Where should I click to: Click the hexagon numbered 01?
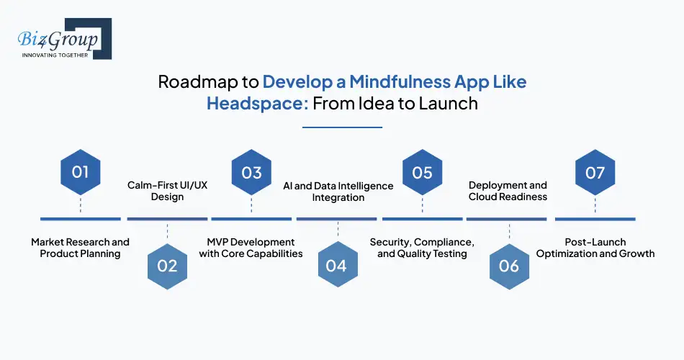pyautogui.click(x=81, y=172)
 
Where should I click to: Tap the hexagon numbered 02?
pyautogui.click(x=167, y=266)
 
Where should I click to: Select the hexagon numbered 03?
pyautogui.click(x=251, y=172)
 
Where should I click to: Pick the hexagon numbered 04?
pyautogui.click(x=336, y=266)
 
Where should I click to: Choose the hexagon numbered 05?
pyautogui.click(x=422, y=172)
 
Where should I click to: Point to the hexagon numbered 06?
pyautogui.click(x=508, y=266)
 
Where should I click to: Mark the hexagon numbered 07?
pyautogui.click(x=595, y=172)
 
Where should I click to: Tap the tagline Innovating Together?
pyautogui.click(x=55, y=55)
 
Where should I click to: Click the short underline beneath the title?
pyautogui.click(x=342, y=127)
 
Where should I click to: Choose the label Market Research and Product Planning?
pyautogui.click(x=81, y=248)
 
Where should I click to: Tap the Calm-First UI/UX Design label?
pyautogui.click(x=167, y=191)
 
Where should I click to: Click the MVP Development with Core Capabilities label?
pyautogui.click(x=251, y=248)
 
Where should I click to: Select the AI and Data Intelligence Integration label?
pyautogui.click(x=338, y=191)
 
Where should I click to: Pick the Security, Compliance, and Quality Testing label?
pyautogui.click(x=422, y=248)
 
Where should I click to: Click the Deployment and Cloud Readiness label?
pyautogui.click(x=508, y=191)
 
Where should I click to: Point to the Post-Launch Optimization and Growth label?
pyautogui.click(x=595, y=248)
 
